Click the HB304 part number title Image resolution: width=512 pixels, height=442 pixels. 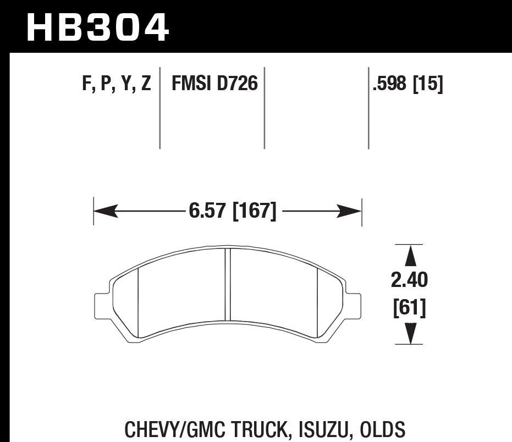(97, 27)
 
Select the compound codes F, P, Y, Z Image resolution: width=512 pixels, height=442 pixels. (116, 84)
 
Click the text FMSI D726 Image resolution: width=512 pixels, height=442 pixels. (214, 84)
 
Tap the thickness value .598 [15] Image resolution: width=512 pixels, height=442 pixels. (408, 84)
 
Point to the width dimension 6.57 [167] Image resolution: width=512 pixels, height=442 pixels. (231, 211)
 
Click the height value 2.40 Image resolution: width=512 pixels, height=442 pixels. (409, 280)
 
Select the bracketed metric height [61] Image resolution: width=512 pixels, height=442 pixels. (409, 307)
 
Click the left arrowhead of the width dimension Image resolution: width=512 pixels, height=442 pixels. (104, 211)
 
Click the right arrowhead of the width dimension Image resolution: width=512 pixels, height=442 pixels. (350, 211)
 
